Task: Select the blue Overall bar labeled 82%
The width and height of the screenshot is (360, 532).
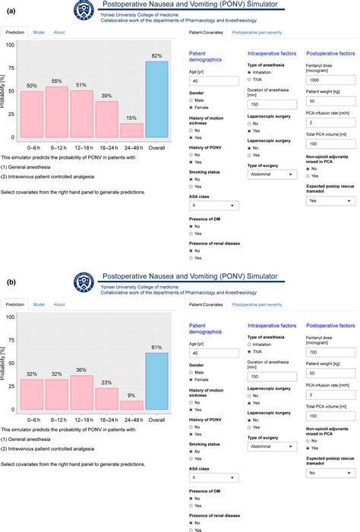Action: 157,100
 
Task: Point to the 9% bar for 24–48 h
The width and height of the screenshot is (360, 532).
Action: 132,405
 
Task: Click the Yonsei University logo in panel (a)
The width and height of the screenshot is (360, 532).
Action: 84,11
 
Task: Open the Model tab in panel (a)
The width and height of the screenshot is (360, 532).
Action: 39,33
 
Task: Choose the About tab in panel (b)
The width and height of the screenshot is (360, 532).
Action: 59,304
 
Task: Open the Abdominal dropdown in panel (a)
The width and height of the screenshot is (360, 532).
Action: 273,174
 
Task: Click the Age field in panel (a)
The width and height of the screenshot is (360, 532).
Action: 215,81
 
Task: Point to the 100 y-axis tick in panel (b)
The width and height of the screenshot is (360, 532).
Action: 10,317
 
